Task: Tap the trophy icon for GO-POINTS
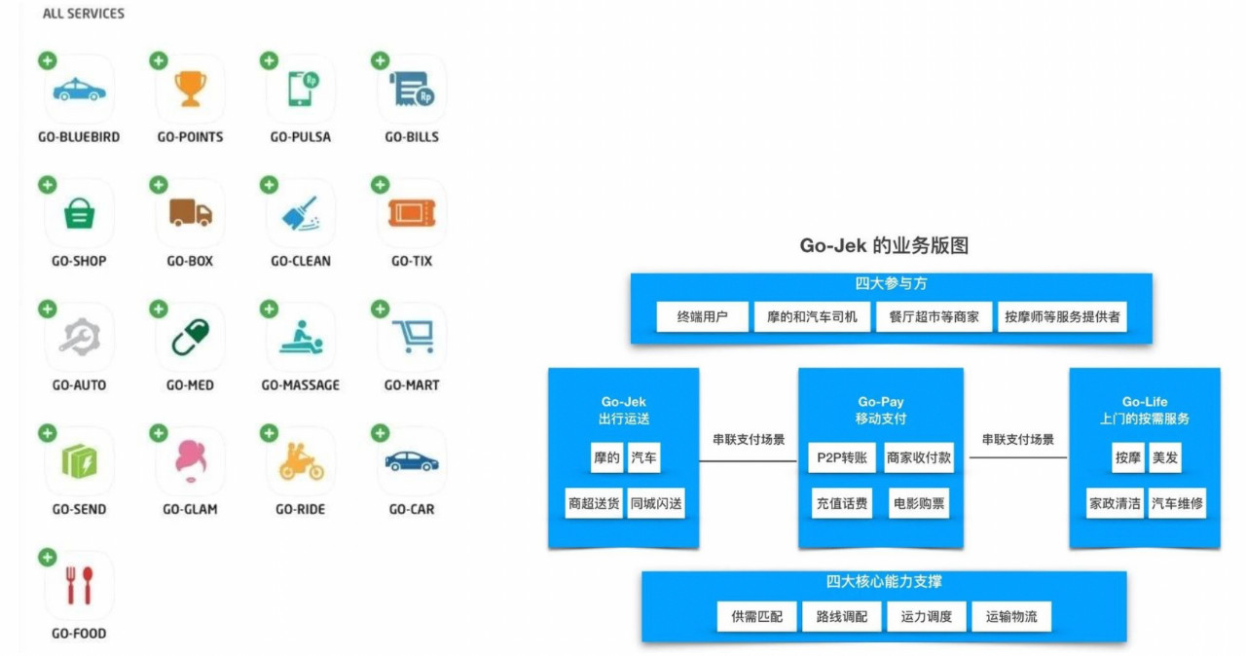(190, 90)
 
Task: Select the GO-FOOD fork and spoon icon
(80, 586)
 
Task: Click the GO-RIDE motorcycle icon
(301, 461)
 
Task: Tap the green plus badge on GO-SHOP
(48, 185)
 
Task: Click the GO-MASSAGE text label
(301, 385)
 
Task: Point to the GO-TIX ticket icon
(412, 213)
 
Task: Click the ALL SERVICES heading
(84, 15)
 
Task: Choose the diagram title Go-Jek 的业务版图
(884, 246)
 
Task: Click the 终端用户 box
(702, 317)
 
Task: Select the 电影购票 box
(919, 504)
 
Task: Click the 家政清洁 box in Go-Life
(1115, 504)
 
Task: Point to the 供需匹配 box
(756, 617)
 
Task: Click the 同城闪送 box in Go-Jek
(656, 504)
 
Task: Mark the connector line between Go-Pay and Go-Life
(1016, 456)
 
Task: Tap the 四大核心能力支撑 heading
(884, 582)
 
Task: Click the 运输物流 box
(1011, 617)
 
